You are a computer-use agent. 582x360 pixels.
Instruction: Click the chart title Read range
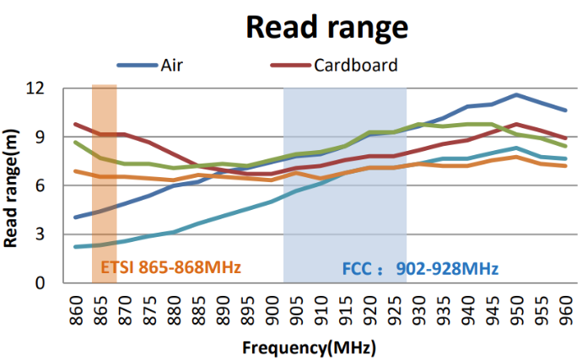click(x=326, y=27)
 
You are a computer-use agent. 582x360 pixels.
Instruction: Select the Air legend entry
click(x=172, y=65)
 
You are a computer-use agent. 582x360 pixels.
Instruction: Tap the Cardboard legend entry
click(x=355, y=65)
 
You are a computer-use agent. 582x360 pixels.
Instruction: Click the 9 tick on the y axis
click(x=40, y=137)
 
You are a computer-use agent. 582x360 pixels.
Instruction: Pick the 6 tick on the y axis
click(x=40, y=185)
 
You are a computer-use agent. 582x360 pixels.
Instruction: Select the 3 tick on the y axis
click(x=40, y=234)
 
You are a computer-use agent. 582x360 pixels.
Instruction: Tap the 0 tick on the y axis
click(x=40, y=283)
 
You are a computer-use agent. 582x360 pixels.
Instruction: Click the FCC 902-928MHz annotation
click(x=420, y=269)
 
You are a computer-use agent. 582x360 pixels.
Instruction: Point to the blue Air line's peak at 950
click(x=516, y=94)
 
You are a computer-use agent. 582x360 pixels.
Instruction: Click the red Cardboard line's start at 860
click(x=76, y=124)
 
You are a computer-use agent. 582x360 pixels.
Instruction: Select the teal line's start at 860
click(x=76, y=247)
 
